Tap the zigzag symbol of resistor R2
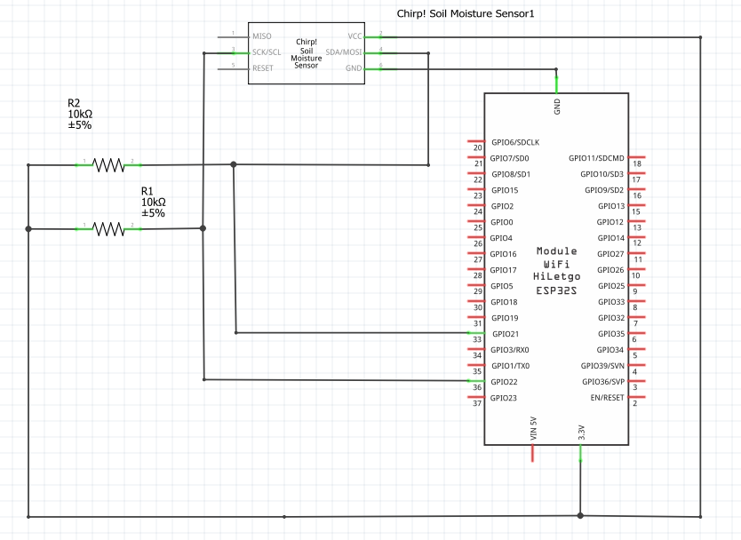108,164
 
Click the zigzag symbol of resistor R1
108,228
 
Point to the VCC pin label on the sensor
355,36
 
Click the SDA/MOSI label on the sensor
345,52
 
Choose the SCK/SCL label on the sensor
267,52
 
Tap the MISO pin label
262,36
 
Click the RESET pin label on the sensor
263,68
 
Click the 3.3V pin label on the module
581,433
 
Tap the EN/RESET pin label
608,398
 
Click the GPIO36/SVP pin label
603,382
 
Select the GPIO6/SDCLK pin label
514,142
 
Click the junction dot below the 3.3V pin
581,515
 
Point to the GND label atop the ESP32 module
557,107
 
